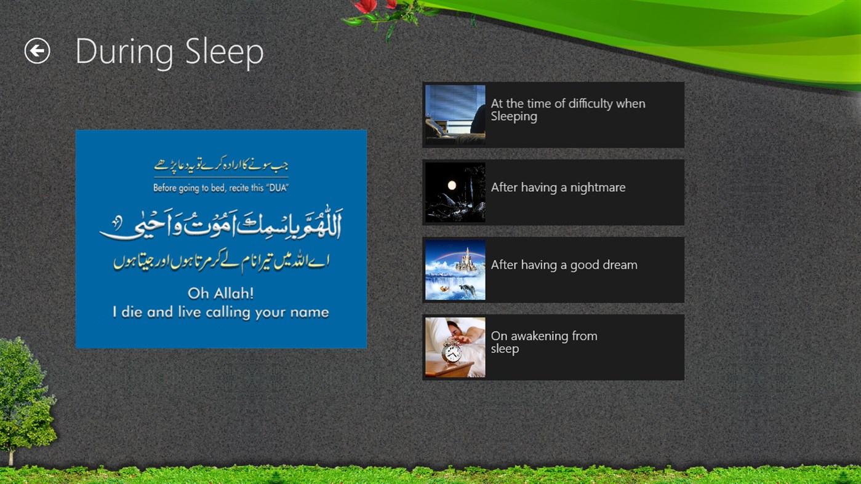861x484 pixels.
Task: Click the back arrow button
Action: point(37,50)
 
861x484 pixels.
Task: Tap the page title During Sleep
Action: point(169,52)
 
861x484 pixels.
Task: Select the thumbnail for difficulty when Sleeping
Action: point(455,115)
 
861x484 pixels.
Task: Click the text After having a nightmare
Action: point(558,188)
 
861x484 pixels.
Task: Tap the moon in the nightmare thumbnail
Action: point(452,184)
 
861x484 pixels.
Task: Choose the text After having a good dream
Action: point(564,265)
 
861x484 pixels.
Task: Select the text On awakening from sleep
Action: point(543,342)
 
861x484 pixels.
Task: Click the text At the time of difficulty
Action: point(567,104)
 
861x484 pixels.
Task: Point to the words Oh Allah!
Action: point(220,293)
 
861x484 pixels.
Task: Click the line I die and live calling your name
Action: point(220,312)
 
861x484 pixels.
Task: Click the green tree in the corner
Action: point(25,394)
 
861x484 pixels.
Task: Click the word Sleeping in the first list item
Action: point(514,117)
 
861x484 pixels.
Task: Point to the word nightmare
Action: point(598,188)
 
